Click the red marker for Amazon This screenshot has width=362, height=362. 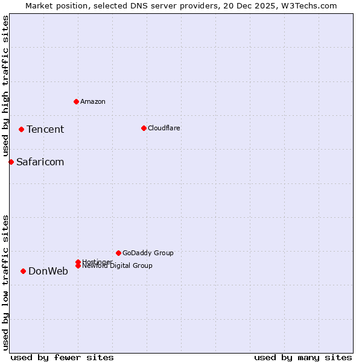point(76,101)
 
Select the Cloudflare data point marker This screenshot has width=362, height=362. point(144,128)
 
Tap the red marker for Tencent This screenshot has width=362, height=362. point(21,129)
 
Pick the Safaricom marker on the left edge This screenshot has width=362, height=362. point(11,162)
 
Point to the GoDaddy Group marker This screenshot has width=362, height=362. point(118,253)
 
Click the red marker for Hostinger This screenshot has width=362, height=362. point(78,262)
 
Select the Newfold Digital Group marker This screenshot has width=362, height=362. point(78,266)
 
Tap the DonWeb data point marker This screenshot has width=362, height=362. point(23,271)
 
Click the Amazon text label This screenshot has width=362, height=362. point(93,101)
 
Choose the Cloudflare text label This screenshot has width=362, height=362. point(164,128)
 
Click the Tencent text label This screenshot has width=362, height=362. point(45,129)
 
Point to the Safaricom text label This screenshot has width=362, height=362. point(40,162)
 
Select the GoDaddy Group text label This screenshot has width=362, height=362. point(148,253)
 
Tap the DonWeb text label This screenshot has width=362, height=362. point(48,271)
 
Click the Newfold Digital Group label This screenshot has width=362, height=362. point(118,266)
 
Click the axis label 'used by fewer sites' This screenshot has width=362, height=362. point(62,357)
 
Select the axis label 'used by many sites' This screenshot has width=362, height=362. point(303,357)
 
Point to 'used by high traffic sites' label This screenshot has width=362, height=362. point(6,86)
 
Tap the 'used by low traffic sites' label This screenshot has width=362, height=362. point(6,282)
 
